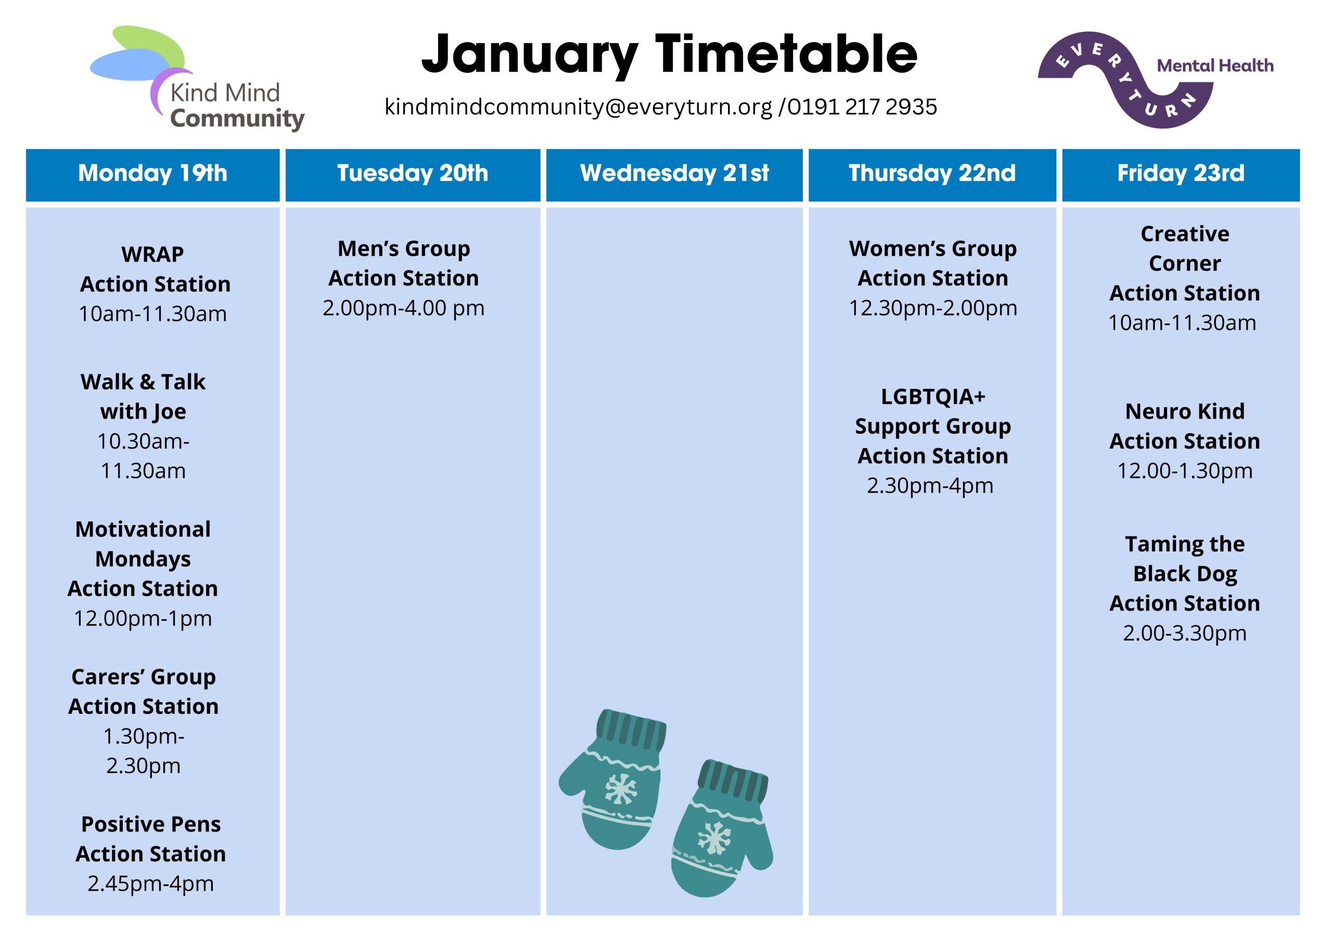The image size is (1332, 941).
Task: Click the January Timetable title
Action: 669,55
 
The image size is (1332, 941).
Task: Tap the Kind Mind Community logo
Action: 197,79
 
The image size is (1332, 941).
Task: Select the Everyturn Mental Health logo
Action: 1155,80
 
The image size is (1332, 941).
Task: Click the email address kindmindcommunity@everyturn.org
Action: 579,107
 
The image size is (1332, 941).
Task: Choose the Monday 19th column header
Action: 152,173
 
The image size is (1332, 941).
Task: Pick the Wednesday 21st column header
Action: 674,173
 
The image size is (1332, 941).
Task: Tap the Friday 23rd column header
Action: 1181,173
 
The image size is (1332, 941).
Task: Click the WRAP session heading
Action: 152,254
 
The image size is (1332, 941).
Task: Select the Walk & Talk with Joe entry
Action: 143,397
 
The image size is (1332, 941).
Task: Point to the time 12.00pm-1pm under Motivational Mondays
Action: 143,619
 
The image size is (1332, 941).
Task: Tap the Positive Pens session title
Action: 151,824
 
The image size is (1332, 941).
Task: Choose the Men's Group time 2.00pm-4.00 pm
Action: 404,308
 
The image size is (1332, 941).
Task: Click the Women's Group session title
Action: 933,249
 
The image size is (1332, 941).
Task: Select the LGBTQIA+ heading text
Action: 933,397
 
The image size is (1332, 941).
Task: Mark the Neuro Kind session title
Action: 1185,412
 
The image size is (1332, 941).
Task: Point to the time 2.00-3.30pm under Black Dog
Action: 1185,633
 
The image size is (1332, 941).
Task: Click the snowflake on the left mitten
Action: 621,789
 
